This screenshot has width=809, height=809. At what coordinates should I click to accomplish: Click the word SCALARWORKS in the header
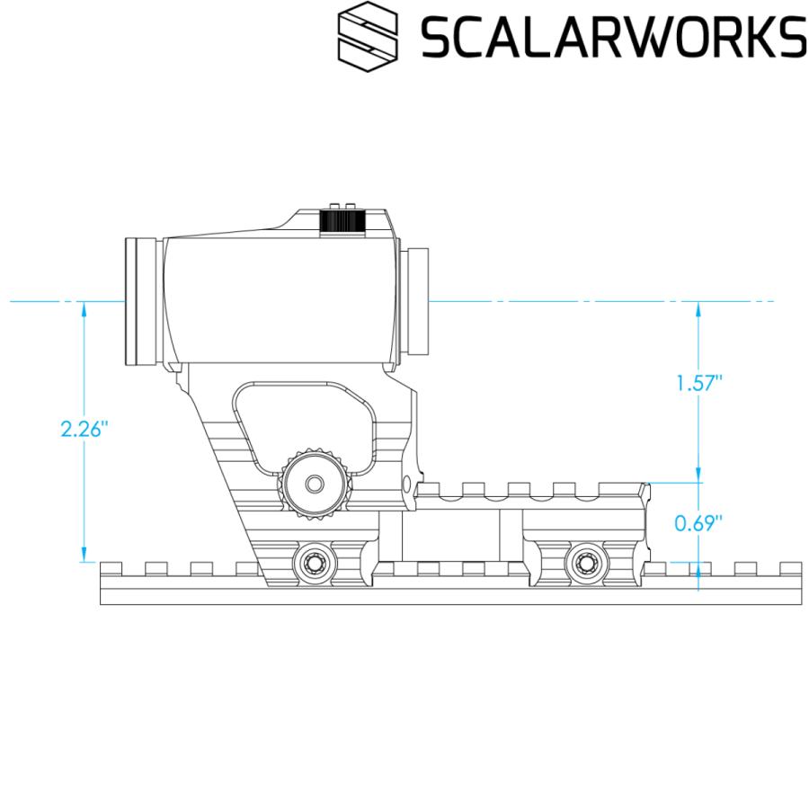click(614, 37)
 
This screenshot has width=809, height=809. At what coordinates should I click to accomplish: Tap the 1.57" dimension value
click(698, 383)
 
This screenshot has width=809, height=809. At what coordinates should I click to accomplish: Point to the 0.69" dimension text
click(698, 523)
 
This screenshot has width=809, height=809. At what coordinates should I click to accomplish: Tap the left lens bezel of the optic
click(141, 301)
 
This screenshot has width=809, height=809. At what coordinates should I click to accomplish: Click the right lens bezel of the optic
click(418, 301)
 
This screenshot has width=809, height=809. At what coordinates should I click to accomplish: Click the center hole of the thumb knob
click(314, 484)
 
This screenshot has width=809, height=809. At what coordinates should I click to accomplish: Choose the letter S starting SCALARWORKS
click(438, 37)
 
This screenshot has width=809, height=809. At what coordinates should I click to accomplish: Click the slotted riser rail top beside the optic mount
click(530, 490)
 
